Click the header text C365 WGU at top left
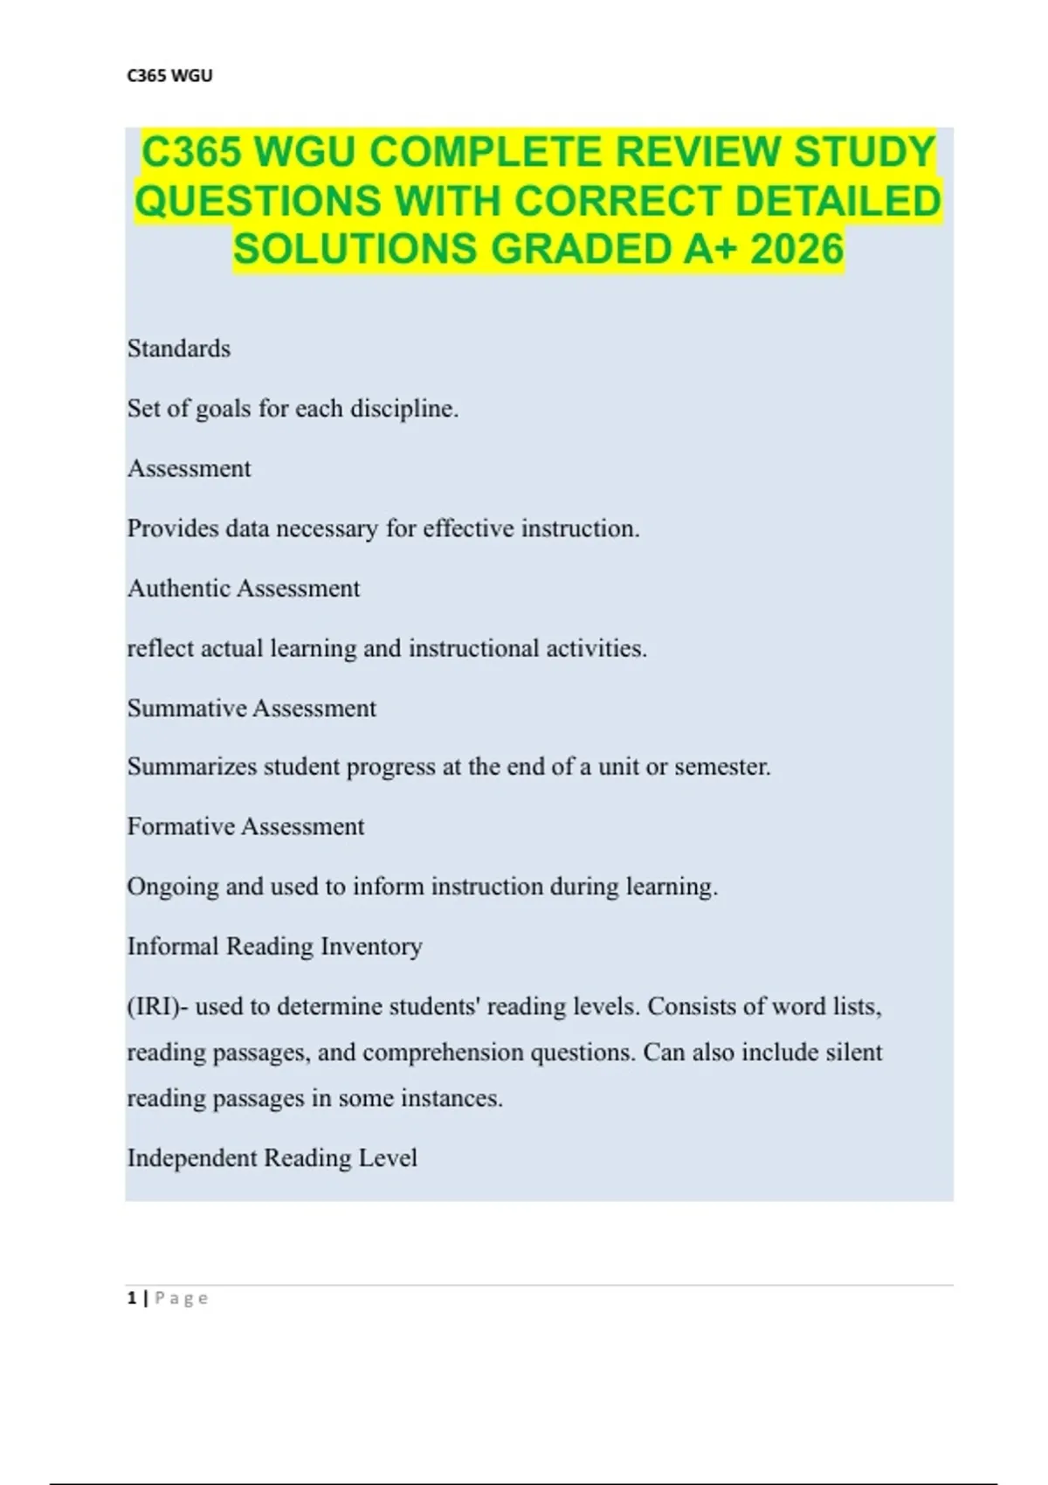pyautogui.click(x=169, y=76)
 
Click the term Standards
pyautogui.click(x=179, y=349)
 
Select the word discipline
pyautogui.click(x=404, y=409)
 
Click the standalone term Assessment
pyautogui.click(x=190, y=469)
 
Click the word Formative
pyautogui.click(x=181, y=826)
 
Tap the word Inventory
pyautogui.click(x=371, y=946)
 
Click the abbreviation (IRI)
pyautogui.click(x=157, y=1007)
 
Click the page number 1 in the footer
pyautogui.click(x=132, y=1298)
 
